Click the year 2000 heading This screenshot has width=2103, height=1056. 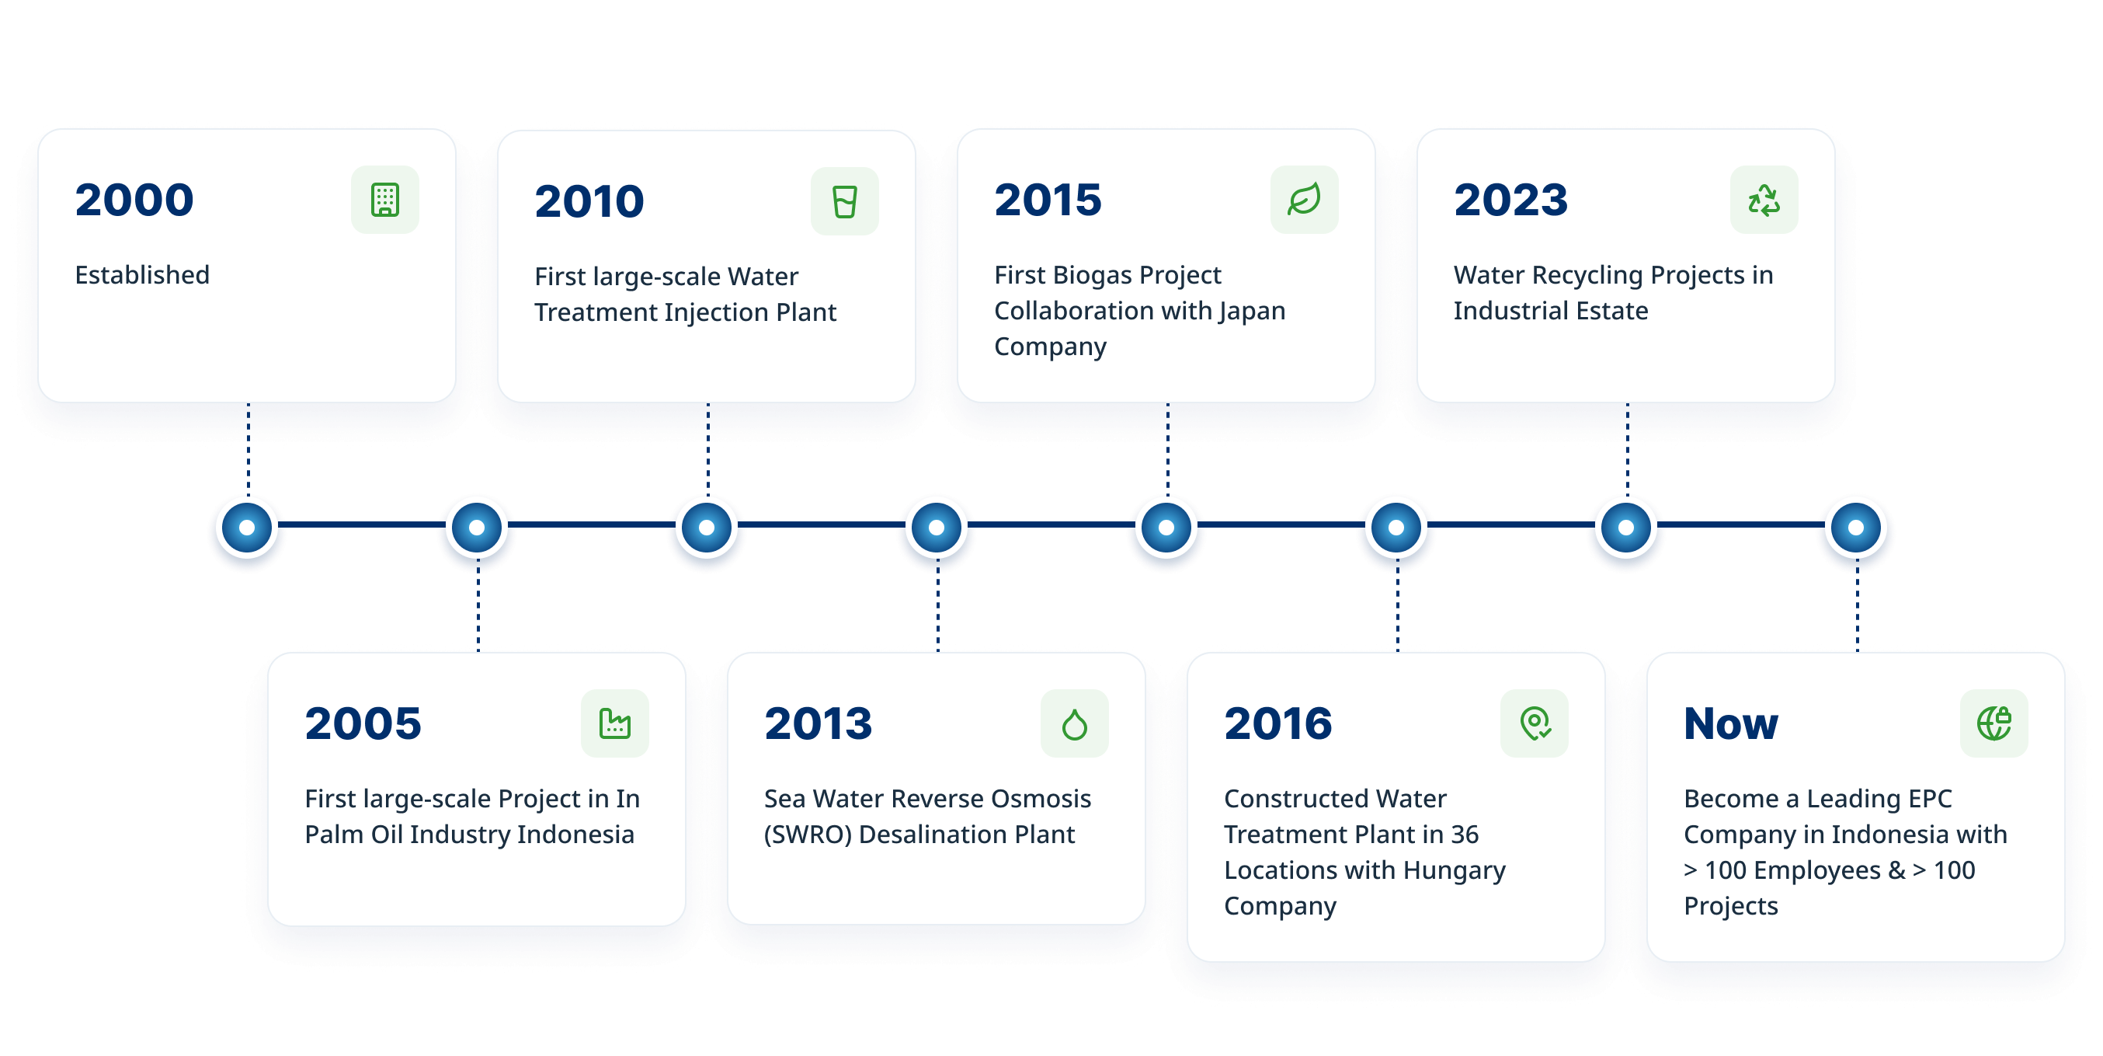click(134, 200)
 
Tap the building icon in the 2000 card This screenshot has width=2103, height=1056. click(384, 200)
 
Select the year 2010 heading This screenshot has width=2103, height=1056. click(589, 202)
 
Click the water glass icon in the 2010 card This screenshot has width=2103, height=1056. click(844, 202)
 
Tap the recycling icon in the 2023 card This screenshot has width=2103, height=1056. click(1764, 200)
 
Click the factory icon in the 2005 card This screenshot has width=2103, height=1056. click(615, 723)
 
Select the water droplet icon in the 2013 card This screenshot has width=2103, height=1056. click(1074, 723)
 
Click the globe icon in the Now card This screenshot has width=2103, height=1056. click(1994, 723)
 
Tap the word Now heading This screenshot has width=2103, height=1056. click(1731, 723)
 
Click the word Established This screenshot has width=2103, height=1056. click(142, 274)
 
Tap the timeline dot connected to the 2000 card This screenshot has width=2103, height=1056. click(246, 528)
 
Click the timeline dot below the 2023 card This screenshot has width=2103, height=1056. click(1625, 528)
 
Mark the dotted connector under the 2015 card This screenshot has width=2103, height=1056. click(1167, 450)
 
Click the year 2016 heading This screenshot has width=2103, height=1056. click(1278, 723)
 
